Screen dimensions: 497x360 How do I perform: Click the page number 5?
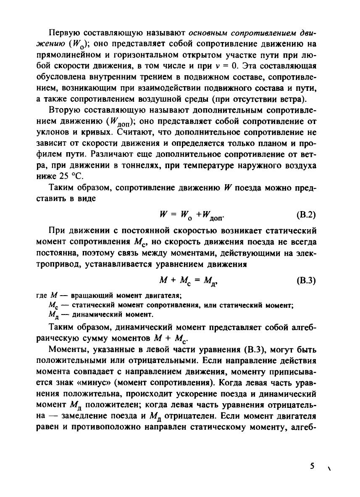[x=312, y=466]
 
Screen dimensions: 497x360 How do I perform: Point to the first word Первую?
[x=62, y=33]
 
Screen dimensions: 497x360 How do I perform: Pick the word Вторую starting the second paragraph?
[x=63, y=110]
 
